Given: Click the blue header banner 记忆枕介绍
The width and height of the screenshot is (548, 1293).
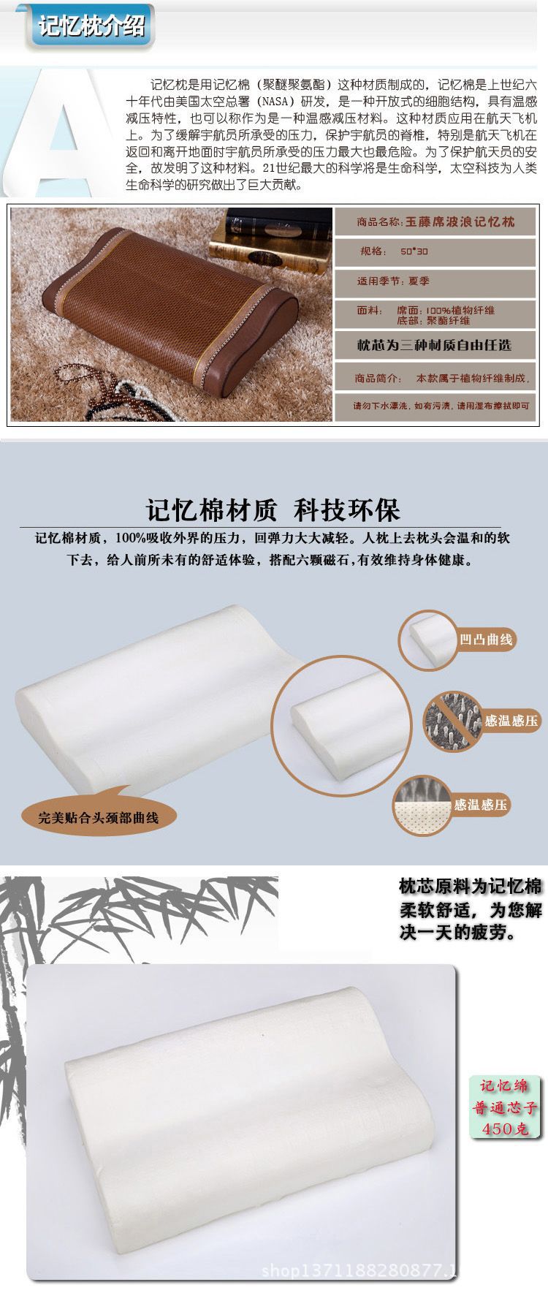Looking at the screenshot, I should [92, 28].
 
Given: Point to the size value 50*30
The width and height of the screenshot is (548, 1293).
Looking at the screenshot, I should [414, 251].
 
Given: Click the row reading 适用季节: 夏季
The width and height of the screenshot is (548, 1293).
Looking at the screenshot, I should [393, 281].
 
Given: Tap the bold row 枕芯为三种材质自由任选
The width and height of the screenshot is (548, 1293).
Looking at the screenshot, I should [434, 344].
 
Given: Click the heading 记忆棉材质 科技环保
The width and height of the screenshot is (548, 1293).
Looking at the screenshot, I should [273, 509].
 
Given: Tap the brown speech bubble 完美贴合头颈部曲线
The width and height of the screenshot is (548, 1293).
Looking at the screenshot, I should [99, 816].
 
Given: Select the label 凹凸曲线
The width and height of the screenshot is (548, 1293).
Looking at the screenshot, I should [487, 640].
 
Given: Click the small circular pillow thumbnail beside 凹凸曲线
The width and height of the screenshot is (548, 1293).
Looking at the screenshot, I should [430, 639].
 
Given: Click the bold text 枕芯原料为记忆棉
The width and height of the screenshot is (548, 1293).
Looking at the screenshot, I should [471, 887].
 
